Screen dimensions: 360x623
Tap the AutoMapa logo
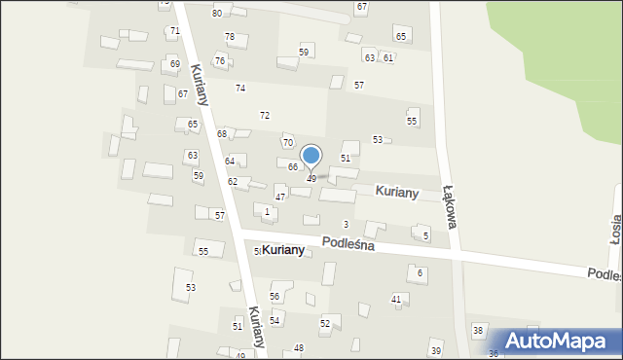coord(557,341)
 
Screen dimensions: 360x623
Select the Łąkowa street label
coord(449,205)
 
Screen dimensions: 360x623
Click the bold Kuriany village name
coord(283,250)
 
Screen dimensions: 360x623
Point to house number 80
coord(217,13)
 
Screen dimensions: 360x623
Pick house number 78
coord(230,37)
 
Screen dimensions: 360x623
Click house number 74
coord(239,89)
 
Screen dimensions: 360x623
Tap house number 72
coord(264,116)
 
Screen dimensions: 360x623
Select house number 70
coord(287,143)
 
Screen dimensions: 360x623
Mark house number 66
coord(293,166)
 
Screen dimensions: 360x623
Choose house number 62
coord(233,182)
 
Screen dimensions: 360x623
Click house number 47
coord(280,198)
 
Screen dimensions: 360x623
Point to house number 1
coord(267,211)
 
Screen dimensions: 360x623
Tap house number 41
coord(396,299)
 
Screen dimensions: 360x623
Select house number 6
coord(421,273)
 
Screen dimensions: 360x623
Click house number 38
coord(478,331)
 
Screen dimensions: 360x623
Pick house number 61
coord(387,58)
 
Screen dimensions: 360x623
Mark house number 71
coord(174,31)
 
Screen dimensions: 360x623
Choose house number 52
coord(325,323)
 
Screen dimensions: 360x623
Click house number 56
coord(275,296)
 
